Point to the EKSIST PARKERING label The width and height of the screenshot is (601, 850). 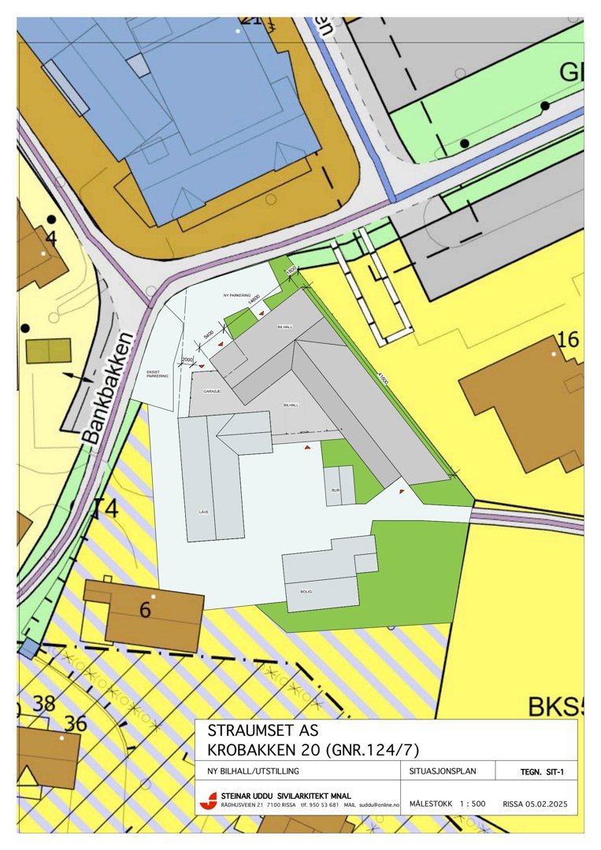tap(158, 374)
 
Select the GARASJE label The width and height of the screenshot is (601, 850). tap(211, 391)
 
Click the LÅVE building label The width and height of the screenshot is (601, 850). tap(203, 512)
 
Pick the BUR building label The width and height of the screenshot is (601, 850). tap(335, 490)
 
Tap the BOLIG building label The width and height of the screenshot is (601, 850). tap(306, 590)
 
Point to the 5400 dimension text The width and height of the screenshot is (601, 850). tap(209, 334)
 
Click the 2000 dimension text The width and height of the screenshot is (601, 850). tap(187, 360)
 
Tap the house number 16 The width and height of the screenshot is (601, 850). tap(567, 340)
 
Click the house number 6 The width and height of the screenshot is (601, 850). tap(145, 609)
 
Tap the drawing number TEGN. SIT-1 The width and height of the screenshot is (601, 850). tap(542, 772)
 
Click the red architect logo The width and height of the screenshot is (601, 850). tap(209, 800)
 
